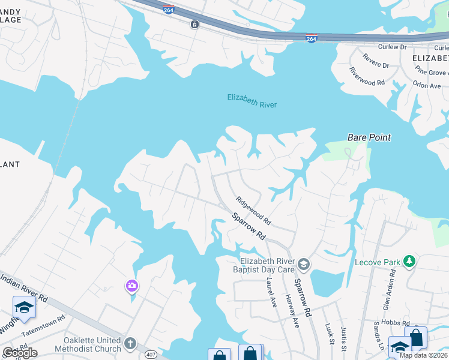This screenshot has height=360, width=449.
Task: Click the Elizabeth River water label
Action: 252,100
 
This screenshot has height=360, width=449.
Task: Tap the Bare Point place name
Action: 369,137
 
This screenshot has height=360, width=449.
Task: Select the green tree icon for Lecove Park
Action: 409,261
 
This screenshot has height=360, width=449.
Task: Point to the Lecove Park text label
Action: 376,262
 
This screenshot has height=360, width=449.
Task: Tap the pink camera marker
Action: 132,286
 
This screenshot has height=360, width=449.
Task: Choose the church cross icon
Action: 130,344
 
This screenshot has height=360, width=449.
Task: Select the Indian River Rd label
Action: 24,288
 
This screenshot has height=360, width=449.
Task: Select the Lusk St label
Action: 330,334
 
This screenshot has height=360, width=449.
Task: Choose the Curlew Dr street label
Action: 393,46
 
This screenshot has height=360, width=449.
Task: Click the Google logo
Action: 19,353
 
